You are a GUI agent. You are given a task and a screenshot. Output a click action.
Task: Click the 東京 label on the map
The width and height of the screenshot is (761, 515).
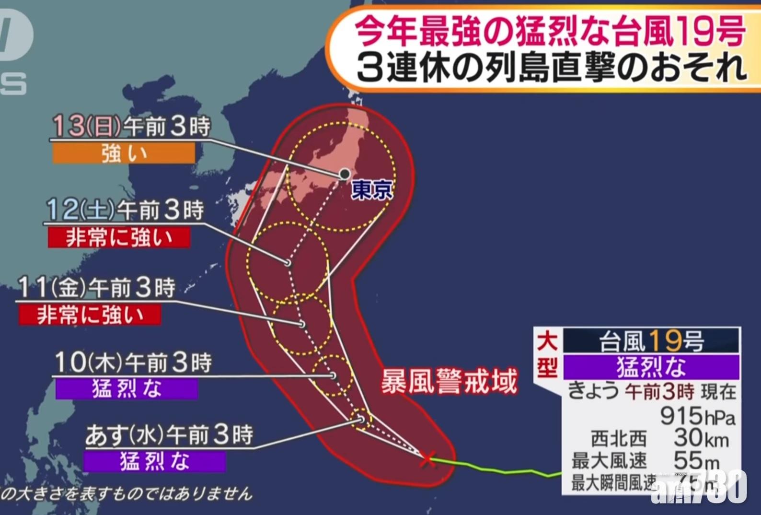click(x=372, y=190)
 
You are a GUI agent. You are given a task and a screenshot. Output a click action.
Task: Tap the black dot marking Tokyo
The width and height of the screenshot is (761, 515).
click(x=345, y=174)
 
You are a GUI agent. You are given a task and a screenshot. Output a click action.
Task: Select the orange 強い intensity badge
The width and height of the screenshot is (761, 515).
click(x=124, y=154)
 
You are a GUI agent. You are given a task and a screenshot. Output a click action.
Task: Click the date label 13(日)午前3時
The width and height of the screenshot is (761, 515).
click(x=131, y=126)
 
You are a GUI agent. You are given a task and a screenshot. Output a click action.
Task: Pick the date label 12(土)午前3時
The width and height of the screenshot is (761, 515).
click(x=125, y=210)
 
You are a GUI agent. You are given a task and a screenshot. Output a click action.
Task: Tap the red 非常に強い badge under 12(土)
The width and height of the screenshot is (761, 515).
click(x=119, y=237)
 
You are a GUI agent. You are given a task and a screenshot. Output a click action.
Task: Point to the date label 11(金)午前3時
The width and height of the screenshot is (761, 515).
click(x=96, y=288)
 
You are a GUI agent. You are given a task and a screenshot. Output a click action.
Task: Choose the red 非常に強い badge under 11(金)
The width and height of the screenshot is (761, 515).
click(x=90, y=315)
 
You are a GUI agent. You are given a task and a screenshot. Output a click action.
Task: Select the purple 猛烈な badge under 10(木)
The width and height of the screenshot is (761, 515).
click(x=127, y=389)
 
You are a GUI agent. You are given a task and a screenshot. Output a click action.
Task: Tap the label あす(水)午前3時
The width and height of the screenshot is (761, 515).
click(x=169, y=435)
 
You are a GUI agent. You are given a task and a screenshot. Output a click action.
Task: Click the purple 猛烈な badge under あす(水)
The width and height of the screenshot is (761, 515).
click(x=154, y=462)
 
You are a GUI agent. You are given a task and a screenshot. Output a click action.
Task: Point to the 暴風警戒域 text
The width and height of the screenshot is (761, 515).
click(x=449, y=382)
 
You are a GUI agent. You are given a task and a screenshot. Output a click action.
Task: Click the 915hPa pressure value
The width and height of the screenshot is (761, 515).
click(x=697, y=415)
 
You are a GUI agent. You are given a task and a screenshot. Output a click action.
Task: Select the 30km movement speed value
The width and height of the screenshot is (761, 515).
click(x=701, y=438)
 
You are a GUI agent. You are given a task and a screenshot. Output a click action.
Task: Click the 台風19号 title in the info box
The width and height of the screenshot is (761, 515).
click(x=651, y=341)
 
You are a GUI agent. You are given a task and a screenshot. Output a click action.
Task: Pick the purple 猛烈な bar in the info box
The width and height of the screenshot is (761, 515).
click(x=651, y=366)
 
